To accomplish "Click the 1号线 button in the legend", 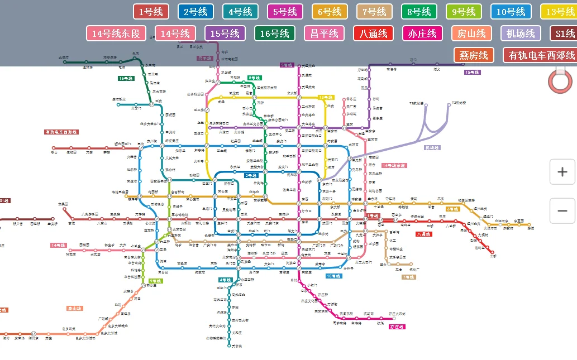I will click(151, 12).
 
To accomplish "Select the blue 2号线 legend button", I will click(195, 12).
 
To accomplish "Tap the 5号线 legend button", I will click(285, 12).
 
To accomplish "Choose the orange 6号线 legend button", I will click(330, 12).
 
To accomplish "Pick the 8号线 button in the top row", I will click(419, 12).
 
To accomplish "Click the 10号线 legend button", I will click(511, 12).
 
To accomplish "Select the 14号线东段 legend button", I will click(116, 33).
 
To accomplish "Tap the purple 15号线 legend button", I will click(226, 33).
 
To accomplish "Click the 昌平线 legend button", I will click(325, 33).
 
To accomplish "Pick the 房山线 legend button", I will click(472, 33).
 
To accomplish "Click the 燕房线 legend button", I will click(474, 55).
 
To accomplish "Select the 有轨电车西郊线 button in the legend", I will click(541, 55).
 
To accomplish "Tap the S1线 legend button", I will click(564, 33).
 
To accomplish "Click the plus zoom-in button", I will click(562, 172).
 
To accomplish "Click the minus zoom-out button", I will click(562, 211).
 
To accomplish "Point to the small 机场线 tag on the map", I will click(432, 148).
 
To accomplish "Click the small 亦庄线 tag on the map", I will click(397, 327).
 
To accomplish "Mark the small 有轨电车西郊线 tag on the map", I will click(61, 132).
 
